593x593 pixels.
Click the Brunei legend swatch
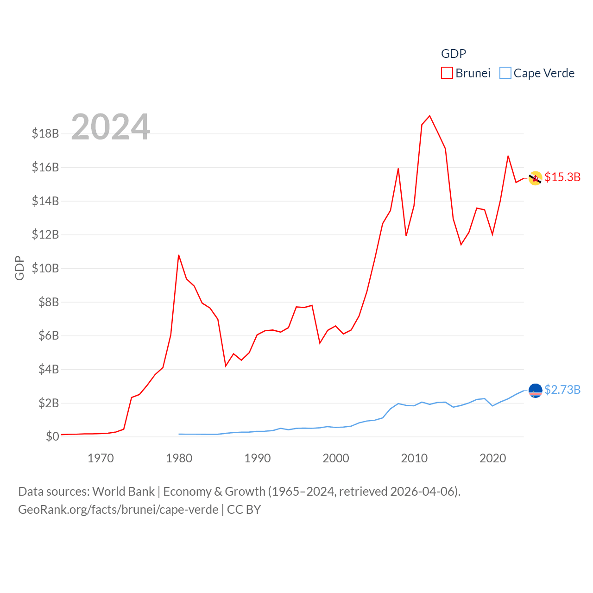[x=447, y=73]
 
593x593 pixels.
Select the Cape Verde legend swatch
[x=505, y=73]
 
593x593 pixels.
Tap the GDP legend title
[x=453, y=54]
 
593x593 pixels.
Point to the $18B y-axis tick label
[x=45, y=133]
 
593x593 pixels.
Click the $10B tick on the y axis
[x=45, y=268]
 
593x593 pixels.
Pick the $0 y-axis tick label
[x=52, y=436]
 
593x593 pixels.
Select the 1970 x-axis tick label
[x=101, y=458]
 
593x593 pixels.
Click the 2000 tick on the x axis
[x=336, y=458]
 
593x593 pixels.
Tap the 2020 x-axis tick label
[x=492, y=458]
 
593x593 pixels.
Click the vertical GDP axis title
[x=19, y=268]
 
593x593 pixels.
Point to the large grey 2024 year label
[x=110, y=126]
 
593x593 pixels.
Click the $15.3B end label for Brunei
[x=562, y=177]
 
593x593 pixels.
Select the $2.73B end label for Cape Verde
[x=562, y=390]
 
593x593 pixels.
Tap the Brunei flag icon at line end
[x=536, y=178]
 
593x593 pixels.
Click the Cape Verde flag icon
[x=536, y=391]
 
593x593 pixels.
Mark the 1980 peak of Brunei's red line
[x=178, y=255]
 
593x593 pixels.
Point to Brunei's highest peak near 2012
[x=429, y=116]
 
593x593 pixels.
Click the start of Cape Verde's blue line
[x=179, y=434]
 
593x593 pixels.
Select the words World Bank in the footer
[x=123, y=491]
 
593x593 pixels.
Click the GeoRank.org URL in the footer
[x=118, y=510]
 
